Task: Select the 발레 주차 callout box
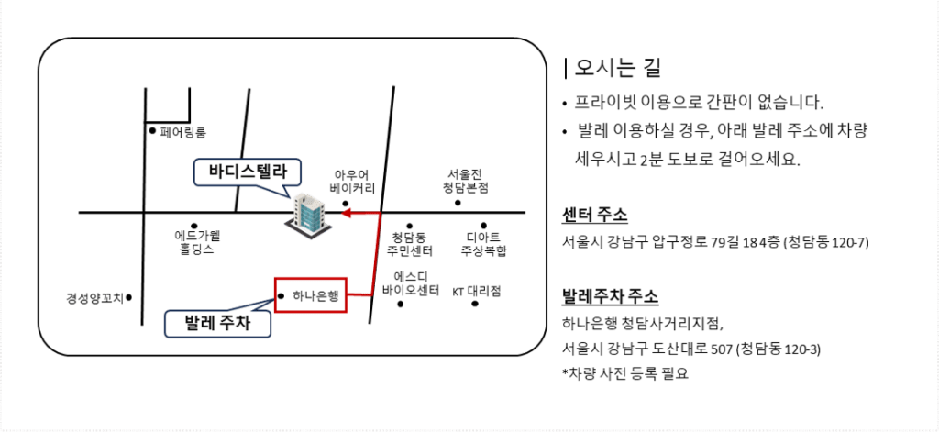tap(215, 323)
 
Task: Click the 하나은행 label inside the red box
tap(315, 295)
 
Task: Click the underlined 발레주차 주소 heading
tap(610, 299)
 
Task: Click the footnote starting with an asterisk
tap(624, 373)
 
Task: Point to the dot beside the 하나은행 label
tap(280, 295)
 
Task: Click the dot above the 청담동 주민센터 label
tap(409, 226)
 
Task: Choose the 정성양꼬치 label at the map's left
tap(95, 297)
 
